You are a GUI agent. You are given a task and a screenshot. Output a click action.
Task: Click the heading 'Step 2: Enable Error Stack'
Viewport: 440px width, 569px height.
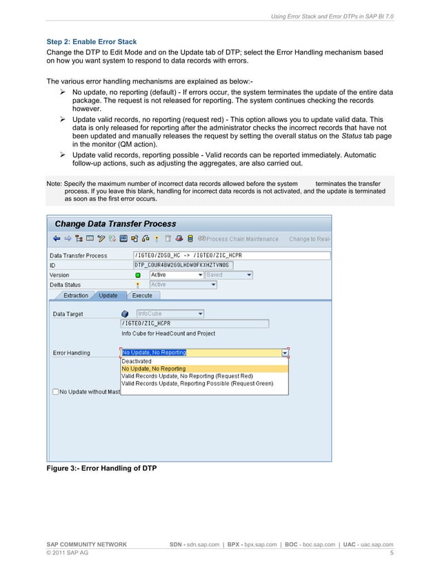(90, 41)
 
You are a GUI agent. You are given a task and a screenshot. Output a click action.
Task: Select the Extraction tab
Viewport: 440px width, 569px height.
(75, 296)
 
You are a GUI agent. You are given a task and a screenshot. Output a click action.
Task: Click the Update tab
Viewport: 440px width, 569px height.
(108, 296)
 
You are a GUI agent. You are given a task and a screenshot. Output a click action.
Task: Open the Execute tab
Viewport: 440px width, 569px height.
(142, 296)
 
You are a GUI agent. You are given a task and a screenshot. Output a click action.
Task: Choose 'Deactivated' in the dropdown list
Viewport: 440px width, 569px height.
(137, 361)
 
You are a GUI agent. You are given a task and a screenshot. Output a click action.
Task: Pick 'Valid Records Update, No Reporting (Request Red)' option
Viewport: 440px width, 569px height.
(187, 376)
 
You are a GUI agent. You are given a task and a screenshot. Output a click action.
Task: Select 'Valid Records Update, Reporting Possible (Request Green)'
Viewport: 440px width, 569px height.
(197, 384)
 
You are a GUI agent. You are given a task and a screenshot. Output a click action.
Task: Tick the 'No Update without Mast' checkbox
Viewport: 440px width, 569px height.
(55, 392)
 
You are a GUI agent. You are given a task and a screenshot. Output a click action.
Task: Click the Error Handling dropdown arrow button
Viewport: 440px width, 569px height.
(285, 353)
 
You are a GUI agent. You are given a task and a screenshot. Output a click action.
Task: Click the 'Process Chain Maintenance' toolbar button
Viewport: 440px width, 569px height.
(238, 239)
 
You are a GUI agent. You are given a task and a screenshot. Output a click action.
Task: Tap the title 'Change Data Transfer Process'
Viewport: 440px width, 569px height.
(115, 224)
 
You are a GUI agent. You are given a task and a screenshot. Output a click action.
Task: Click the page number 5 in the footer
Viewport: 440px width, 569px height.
(391, 553)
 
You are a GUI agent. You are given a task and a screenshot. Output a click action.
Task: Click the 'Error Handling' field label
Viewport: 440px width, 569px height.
(72, 353)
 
